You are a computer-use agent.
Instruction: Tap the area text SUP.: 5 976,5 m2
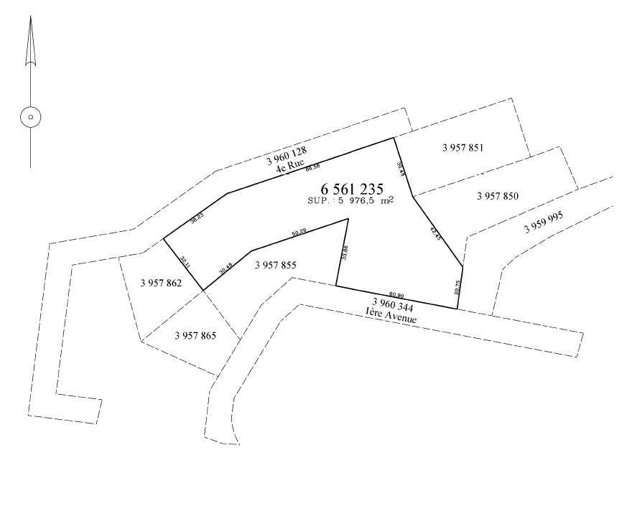pyautogui.click(x=350, y=202)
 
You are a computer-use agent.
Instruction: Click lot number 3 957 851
pyautogui.click(x=463, y=149)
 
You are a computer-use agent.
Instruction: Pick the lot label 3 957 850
pyautogui.click(x=497, y=195)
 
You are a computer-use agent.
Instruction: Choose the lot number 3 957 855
pyautogui.click(x=276, y=265)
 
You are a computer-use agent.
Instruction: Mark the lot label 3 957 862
pyautogui.click(x=161, y=284)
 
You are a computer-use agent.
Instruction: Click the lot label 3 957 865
pyautogui.click(x=195, y=335)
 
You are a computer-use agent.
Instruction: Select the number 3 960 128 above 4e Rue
pyautogui.click(x=286, y=152)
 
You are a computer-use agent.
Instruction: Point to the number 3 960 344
pyautogui.click(x=393, y=305)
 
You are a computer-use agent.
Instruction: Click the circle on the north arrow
pyautogui.click(x=30, y=116)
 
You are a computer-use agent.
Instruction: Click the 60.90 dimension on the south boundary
pyautogui.click(x=396, y=294)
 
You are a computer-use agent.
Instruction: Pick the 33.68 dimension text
pyautogui.click(x=345, y=253)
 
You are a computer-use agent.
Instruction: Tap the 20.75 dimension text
pyautogui.click(x=457, y=287)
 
